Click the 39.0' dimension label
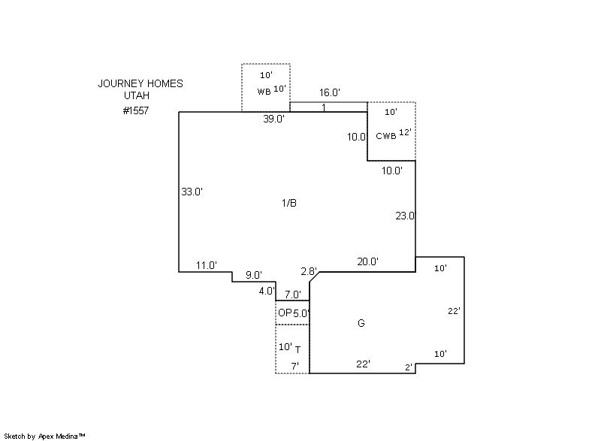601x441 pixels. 273,119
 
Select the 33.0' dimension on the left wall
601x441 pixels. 192,192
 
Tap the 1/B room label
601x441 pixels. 289,203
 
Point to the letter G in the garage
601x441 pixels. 361,323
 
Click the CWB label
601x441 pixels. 386,136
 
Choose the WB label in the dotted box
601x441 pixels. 264,92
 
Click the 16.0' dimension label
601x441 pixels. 330,92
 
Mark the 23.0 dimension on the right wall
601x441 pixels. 405,216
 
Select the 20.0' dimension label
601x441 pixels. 368,261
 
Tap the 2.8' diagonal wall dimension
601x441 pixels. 309,272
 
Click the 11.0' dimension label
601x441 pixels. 207,265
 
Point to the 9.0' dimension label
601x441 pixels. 254,275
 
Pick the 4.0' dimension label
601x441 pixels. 267,291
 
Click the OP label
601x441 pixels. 285,313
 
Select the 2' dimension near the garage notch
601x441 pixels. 409,367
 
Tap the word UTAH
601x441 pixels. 137,95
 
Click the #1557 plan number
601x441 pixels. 136,110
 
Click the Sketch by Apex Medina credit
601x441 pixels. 44,436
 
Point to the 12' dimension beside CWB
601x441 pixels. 405,132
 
